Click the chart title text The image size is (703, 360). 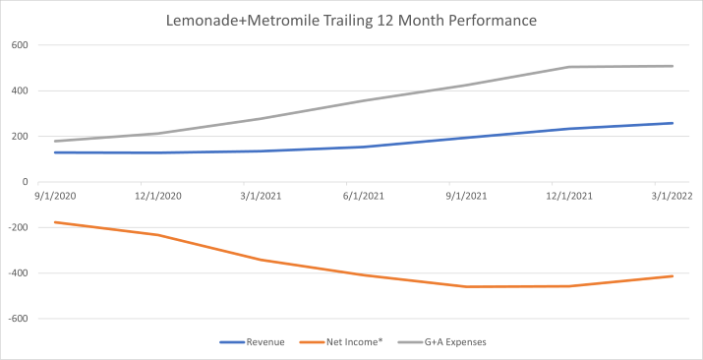(351, 19)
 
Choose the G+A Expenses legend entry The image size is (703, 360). (447, 342)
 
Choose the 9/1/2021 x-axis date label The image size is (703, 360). (468, 196)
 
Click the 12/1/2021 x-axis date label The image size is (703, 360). (569, 196)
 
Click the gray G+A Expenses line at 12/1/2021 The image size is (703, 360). (570, 67)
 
